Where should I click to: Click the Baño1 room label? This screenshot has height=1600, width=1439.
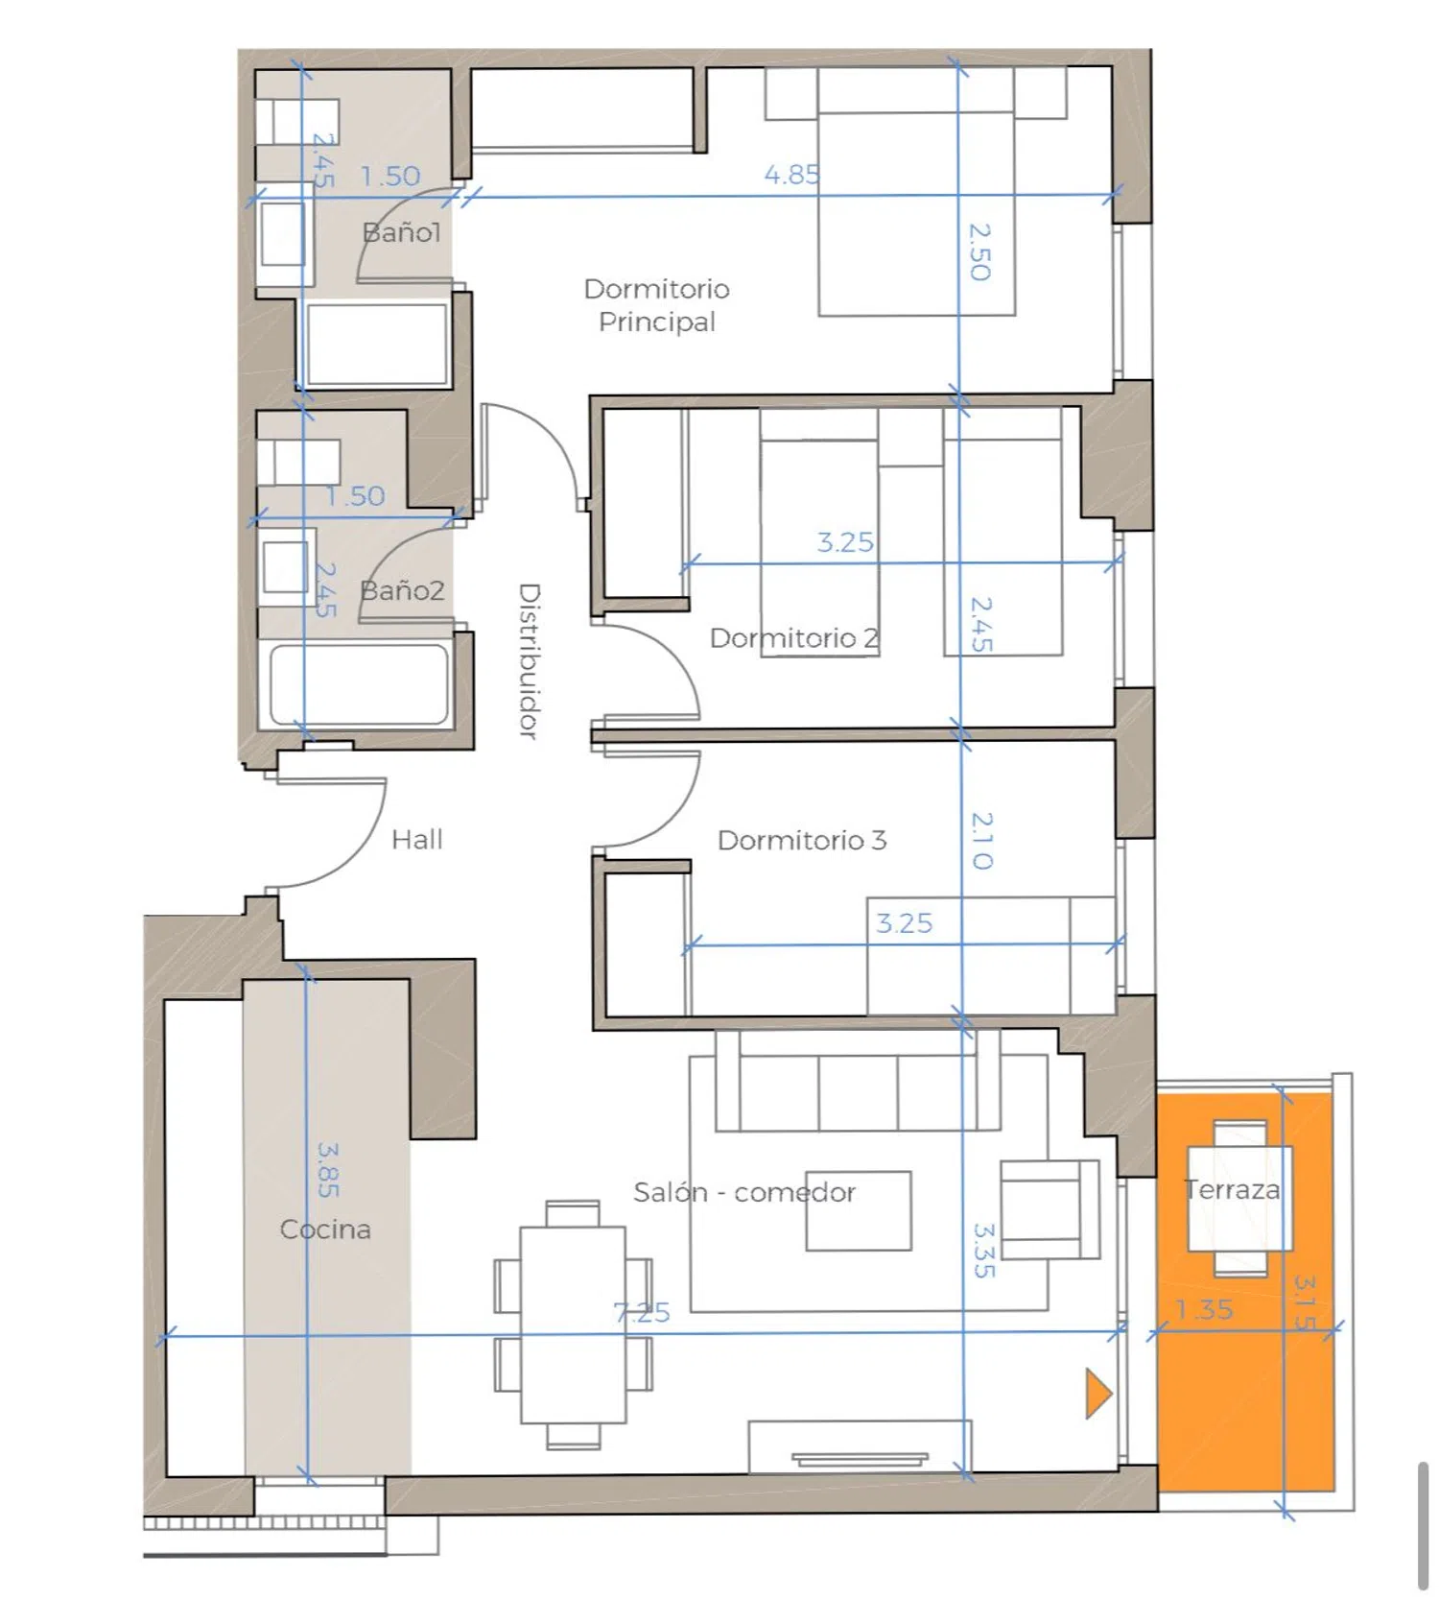point(401,232)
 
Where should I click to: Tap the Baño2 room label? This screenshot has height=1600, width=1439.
point(402,590)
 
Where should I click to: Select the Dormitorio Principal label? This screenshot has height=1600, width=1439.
point(657,305)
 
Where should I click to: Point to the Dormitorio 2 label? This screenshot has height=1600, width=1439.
point(793,638)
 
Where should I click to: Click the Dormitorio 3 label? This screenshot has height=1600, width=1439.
point(802,841)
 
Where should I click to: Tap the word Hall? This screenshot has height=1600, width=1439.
point(417,840)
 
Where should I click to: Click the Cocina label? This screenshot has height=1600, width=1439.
point(325,1230)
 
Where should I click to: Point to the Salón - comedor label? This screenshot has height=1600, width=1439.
point(744,1193)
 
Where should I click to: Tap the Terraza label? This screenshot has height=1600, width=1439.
point(1232,1190)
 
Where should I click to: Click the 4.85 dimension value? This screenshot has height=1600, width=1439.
point(791,175)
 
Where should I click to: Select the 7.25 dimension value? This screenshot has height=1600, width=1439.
point(642,1312)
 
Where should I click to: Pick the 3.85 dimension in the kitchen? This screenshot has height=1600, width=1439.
point(328,1169)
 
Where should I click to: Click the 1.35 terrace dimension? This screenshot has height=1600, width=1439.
point(1204,1309)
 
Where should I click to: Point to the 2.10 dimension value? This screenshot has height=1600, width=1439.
point(981,841)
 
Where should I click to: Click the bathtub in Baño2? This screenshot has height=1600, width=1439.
point(359,684)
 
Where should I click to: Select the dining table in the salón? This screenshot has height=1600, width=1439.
point(573,1325)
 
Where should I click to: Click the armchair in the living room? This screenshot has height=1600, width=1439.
point(1050,1209)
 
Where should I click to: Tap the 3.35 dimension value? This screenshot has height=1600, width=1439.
point(984,1250)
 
